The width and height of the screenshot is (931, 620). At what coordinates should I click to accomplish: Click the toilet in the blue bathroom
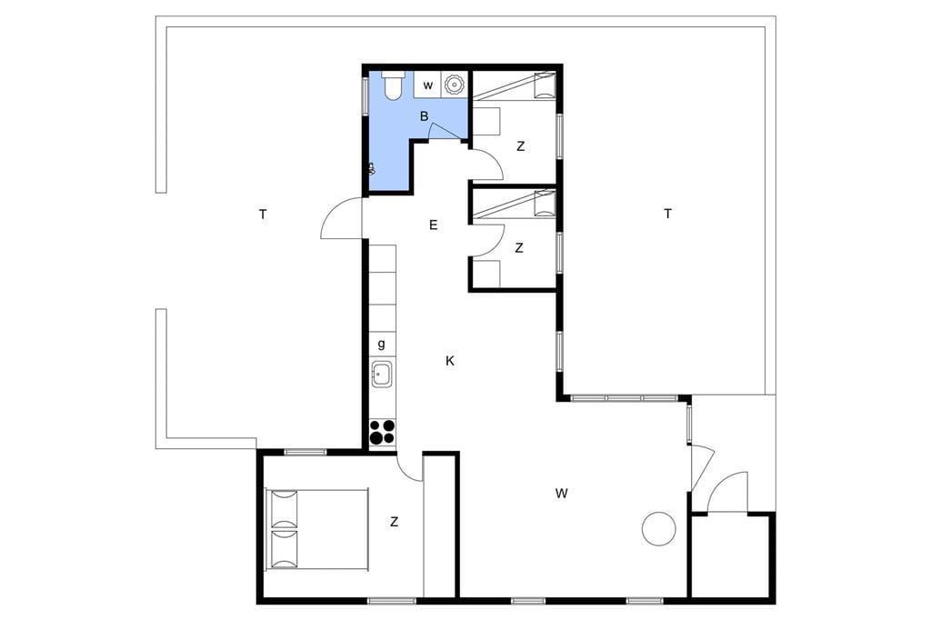coord(393,85)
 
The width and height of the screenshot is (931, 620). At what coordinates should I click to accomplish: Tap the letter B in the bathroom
coord(424,116)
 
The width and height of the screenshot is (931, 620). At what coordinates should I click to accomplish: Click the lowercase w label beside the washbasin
coord(428,85)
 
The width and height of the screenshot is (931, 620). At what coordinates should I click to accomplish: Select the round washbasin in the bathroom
coord(454,85)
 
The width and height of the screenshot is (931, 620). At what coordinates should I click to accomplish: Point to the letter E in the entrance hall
coord(434,225)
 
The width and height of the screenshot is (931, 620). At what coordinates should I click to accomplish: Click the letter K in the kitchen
coord(450,361)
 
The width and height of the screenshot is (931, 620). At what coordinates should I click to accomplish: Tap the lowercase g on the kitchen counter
coord(381,344)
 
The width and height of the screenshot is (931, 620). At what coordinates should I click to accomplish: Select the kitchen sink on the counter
coord(381,375)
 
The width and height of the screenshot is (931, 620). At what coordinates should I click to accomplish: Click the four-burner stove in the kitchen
coord(383,432)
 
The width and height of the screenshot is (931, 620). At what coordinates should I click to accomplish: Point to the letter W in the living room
coord(562,493)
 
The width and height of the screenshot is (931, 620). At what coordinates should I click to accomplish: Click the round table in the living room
coord(659,527)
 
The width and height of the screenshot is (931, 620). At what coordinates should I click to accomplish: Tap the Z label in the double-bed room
coord(395,522)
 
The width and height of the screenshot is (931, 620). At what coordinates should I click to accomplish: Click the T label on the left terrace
coord(263,215)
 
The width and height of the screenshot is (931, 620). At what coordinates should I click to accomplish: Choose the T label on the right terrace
coord(668,214)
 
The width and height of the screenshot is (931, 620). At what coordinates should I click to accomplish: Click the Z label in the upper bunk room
coord(521,146)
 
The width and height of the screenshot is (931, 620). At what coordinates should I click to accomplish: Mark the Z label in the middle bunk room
coord(519,248)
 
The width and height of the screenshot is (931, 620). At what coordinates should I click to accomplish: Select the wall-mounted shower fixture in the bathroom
coord(372,169)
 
